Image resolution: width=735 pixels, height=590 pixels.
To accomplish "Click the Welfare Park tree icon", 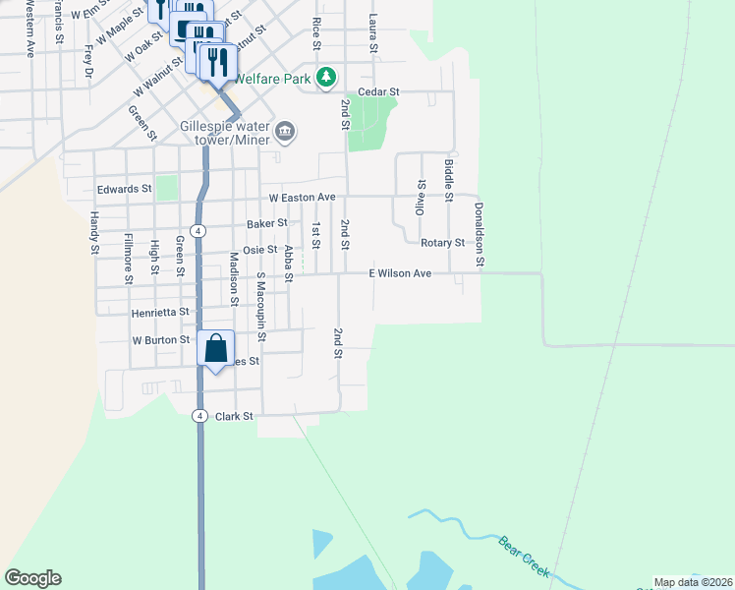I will point(326,78).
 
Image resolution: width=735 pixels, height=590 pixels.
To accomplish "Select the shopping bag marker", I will point(215,348).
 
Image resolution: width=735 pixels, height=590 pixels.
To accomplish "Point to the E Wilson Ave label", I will point(400,273).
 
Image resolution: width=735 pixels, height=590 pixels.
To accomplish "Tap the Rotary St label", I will point(442,242).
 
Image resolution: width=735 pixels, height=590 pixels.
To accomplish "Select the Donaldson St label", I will point(480,234).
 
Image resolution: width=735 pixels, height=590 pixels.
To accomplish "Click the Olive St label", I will point(421,198).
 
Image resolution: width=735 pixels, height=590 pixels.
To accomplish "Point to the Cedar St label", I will point(378,91).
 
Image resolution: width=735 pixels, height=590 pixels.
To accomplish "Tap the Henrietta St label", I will point(160,313).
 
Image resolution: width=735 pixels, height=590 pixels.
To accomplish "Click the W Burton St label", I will point(161,340).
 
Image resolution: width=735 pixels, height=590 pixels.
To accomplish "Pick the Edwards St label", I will point(124,189).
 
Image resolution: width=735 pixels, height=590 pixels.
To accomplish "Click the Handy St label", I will point(95,233).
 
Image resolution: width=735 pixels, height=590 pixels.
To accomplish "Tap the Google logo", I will point(32,578).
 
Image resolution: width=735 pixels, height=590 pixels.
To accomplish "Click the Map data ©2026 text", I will point(693,583).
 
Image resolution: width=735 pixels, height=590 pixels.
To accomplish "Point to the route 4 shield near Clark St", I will point(199,416).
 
